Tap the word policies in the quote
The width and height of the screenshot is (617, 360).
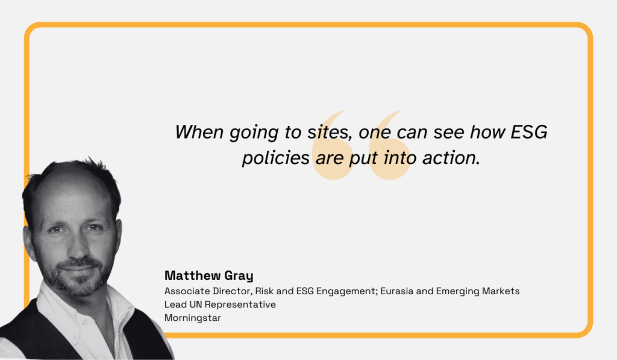point(276,158)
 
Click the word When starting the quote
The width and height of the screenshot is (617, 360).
point(199,132)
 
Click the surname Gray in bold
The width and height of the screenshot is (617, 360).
point(238,276)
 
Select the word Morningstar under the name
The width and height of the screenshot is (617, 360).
point(192,317)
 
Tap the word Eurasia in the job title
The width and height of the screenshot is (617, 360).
point(391,291)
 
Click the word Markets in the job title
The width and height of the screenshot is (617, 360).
point(501,291)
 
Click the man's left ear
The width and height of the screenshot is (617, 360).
point(117,232)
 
